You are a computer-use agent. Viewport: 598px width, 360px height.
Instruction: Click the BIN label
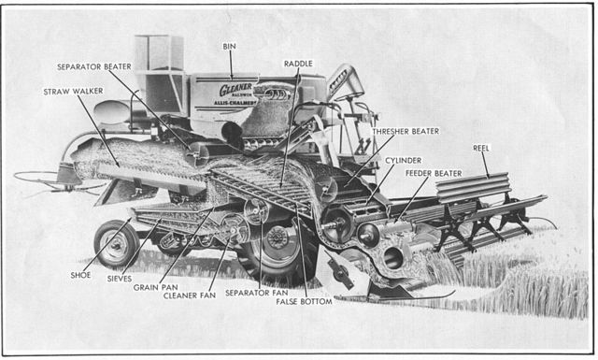pyautogui.click(x=229, y=45)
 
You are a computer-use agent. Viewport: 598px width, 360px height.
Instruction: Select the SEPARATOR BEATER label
pyautogui.click(x=94, y=67)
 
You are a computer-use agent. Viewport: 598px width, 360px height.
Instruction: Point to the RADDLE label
pyautogui.click(x=298, y=64)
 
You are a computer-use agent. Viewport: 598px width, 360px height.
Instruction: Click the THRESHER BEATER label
pyautogui.click(x=405, y=132)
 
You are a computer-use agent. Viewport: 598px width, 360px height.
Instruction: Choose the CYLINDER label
pyautogui.click(x=403, y=160)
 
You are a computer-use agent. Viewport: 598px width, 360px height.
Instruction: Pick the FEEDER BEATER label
pyautogui.click(x=433, y=173)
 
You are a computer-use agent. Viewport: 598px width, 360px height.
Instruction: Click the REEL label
pyautogui.click(x=479, y=147)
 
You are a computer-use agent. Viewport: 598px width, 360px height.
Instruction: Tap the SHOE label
pyautogui.click(x=80, y=276)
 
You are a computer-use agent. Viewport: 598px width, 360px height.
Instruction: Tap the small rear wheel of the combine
pyautogui.click(x=117, y=244)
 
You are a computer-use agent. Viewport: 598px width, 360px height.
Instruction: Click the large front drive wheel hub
pyautogui.click(x=278, y=238)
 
